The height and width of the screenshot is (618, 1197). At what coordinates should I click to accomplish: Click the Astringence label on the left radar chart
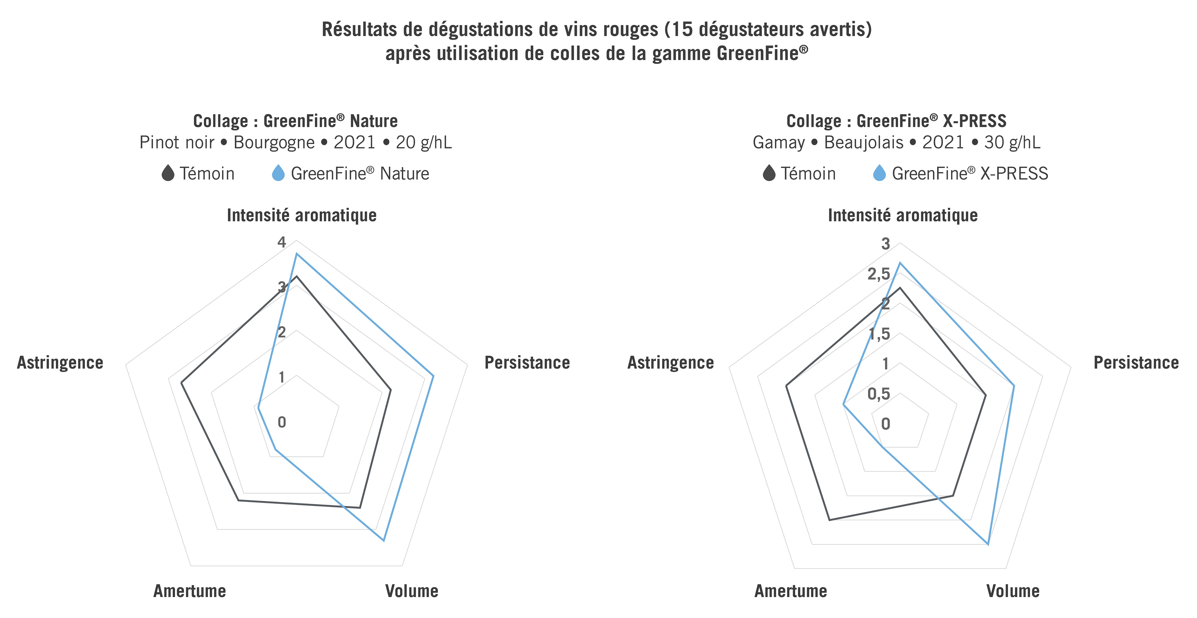[60, 363]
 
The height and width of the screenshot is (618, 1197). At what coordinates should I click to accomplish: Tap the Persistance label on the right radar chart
[1136, 363]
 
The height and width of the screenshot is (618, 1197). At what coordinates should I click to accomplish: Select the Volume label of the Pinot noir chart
[412, 591]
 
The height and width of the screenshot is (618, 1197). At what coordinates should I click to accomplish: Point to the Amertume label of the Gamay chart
[790, 591]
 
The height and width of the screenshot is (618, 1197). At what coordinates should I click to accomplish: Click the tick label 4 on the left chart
[282, 242]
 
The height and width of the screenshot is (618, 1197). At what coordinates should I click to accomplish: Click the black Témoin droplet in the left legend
[168, 173]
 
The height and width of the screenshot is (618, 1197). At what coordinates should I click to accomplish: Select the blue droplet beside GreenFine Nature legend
[278, 173]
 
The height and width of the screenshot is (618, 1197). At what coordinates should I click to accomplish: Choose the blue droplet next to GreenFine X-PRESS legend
[879, 173]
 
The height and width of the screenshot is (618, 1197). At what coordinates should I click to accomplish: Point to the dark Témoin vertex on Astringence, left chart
[181, 383]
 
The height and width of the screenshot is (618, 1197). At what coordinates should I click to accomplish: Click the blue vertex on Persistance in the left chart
[433, 376]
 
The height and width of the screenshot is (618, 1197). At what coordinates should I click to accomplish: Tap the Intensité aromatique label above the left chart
[302, 215]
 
